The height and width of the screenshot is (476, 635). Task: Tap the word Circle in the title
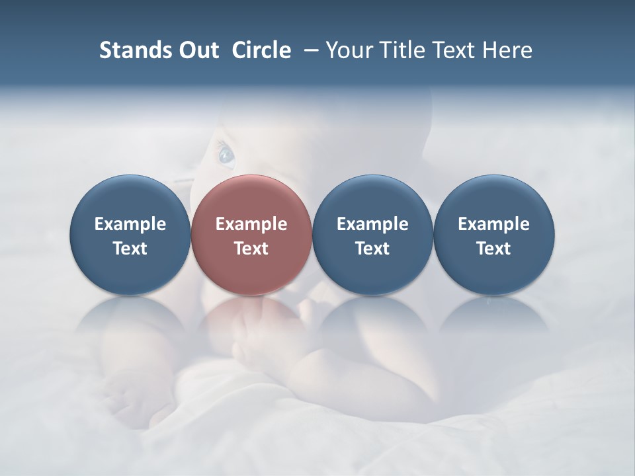[x=261, y=50]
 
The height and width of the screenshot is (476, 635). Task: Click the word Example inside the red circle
[x=251, y=224]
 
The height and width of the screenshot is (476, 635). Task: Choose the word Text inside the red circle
[x=251, y=249]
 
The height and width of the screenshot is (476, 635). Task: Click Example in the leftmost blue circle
[x=130, y=224]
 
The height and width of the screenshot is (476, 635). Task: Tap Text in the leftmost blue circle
[x=130, y=249]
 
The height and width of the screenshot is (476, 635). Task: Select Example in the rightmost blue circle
[x=493, y=224]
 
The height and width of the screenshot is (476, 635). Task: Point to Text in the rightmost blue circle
[x=493, y=249]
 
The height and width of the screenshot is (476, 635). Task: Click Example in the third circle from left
[x=372, y=224]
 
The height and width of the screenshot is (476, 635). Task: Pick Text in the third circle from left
[x=372, y=249]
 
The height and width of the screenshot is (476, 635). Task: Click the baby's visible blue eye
[x=226, y=155]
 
